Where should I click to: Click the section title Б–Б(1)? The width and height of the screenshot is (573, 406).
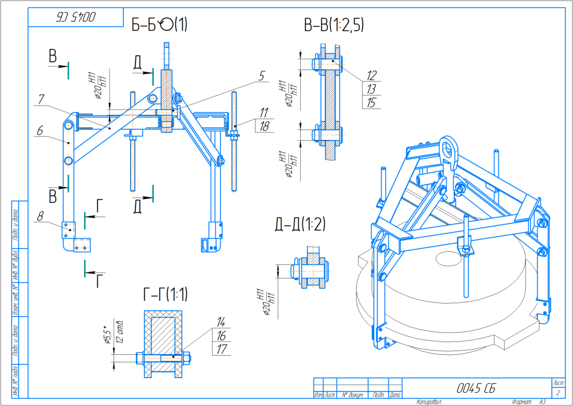click(x=159, y=24)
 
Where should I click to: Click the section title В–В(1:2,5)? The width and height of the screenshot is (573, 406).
click(x=334, y=24)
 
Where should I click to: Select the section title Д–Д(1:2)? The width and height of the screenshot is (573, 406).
click(x=300, y=223)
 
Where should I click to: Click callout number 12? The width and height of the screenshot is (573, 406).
click(x=372, y=76)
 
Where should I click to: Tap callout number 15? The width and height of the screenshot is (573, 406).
click(x=372, y=103)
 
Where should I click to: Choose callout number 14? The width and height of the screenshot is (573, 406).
click(x=221, y=322)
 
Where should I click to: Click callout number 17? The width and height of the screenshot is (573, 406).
click(x=221, y=349)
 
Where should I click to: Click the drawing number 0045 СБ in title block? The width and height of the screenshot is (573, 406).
click(x=475, y=388)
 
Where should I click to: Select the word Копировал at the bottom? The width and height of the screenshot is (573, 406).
click(x=428, y=402)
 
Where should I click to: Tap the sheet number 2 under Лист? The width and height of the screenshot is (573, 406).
click(x=558, y=393)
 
